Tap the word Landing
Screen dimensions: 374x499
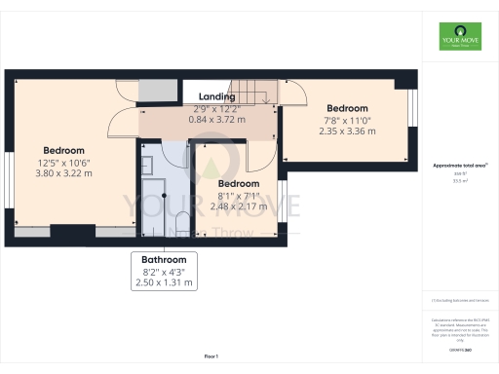(216, 97)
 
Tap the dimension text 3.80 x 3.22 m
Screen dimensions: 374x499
(63, 173)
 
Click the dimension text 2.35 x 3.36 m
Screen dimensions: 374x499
(347, 131)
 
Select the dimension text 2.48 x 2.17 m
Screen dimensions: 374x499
(238, 206)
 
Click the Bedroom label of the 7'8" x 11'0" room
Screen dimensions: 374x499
(347, 108)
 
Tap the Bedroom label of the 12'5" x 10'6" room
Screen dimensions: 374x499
(63, 150)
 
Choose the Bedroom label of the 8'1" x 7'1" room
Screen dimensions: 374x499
(238, 183)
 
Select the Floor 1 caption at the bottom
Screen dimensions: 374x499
(211, 357)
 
